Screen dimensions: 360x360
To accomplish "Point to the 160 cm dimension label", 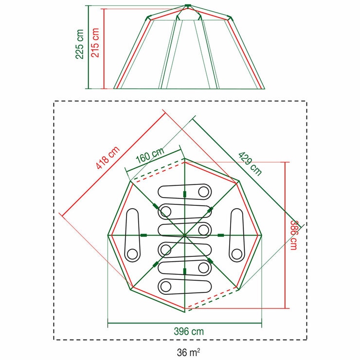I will tap(150, 157).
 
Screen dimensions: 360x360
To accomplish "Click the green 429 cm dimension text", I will tap(250, 163).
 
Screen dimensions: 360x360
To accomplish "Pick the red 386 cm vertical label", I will tap(293, 235).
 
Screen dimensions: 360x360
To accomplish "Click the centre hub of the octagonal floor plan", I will tap(184, 235).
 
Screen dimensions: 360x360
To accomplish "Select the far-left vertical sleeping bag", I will tap(132, 235).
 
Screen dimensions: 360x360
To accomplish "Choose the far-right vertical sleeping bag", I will tap(237, 235).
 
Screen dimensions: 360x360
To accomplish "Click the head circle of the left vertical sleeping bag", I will tap(132, 253).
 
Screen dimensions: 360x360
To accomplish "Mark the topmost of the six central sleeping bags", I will tap(185, 191).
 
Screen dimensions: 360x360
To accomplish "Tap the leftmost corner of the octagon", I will tap(108, 235).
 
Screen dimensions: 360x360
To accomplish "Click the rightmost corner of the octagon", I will tap(262, 235).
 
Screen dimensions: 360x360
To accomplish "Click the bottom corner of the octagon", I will tap(184, 312).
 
